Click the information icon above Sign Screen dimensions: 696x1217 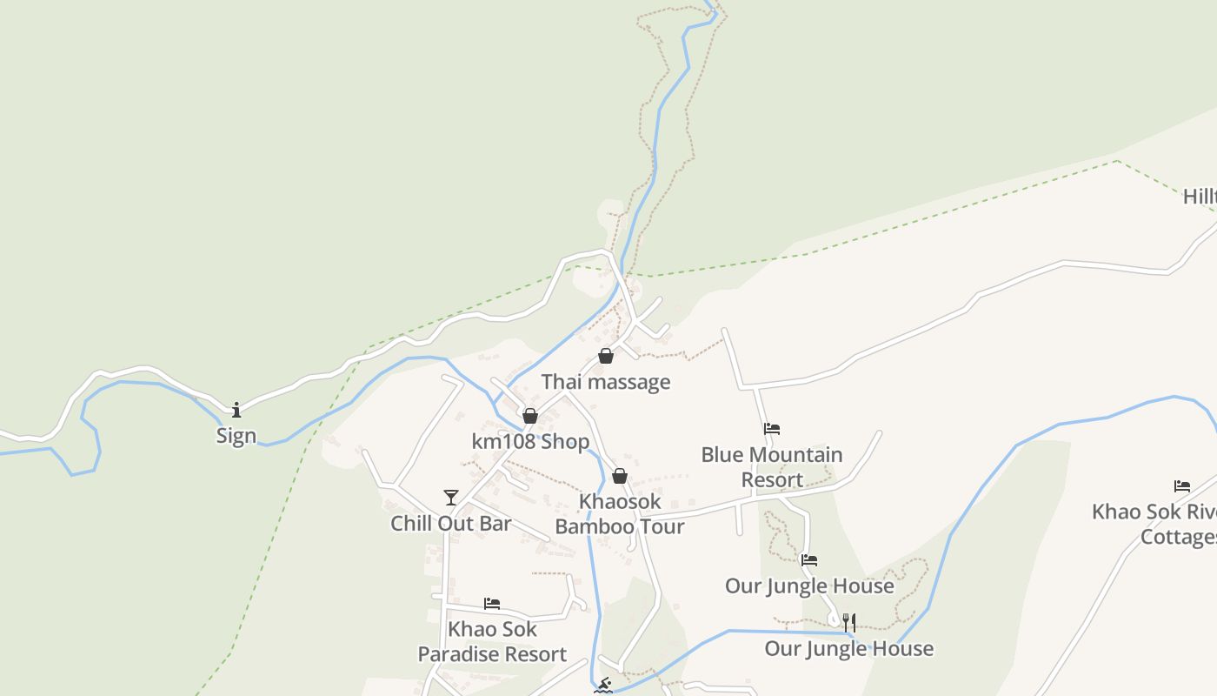click(236, 409)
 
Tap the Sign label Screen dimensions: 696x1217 click(236, 436)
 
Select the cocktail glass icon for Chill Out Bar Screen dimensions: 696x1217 click(450, 498)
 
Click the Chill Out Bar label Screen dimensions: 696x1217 click(450, 524)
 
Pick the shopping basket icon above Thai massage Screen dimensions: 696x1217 click(606, 356)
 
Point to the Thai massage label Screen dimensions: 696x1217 click(606, 382)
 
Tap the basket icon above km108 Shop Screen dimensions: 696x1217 click(530, 416)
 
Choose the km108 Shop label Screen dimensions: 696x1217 click(530, 442)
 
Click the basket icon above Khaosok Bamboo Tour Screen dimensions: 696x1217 click(620, 476)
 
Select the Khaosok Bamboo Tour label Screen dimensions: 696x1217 click(620, 514)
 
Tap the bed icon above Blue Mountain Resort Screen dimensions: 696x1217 click(772, 429)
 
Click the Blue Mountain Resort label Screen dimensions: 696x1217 click(772, 467)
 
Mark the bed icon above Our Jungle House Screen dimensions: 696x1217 click(809, 560)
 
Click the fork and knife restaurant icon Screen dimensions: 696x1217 click(849, 623)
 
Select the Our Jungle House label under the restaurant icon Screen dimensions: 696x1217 click(849, 649)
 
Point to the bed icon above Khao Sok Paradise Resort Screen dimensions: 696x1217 click(492, 604)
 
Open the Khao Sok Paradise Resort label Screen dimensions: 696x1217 click(492, 642)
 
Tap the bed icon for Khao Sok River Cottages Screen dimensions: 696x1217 click(1182, 486)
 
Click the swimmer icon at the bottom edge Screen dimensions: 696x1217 click(602, 686)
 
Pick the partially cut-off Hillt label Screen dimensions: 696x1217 click(1200, 197)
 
